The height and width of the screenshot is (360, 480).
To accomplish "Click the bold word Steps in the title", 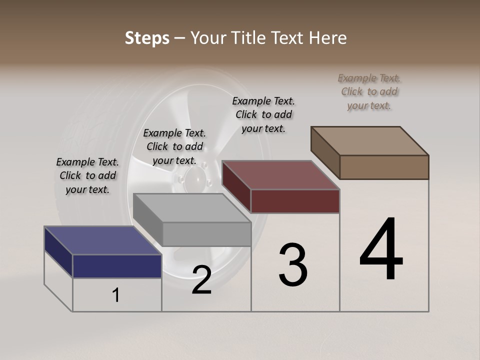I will tap(147, 38).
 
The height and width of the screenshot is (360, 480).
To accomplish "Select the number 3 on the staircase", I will tap(293, 265).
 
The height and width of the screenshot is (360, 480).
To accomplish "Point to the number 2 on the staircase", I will tap(201, 279).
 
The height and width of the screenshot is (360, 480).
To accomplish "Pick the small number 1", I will tap(116, 295).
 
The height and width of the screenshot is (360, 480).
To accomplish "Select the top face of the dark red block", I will tap(280, 175).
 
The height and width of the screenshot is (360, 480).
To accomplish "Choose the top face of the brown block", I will tap(369, 141).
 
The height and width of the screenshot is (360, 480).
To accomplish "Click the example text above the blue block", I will tap(87, 175).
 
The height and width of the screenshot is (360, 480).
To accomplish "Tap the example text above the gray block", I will tap(174, 146).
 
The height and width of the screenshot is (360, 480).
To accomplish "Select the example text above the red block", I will tap(263, 114).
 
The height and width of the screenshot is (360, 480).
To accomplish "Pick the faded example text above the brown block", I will tap(369, 91).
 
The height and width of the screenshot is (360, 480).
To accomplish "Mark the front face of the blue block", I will tap(117, 266).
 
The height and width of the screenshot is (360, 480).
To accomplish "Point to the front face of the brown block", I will tap(384, 167).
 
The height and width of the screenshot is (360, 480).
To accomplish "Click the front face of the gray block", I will tap(206, 234).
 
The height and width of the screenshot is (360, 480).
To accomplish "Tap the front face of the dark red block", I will tap(295, 201).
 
